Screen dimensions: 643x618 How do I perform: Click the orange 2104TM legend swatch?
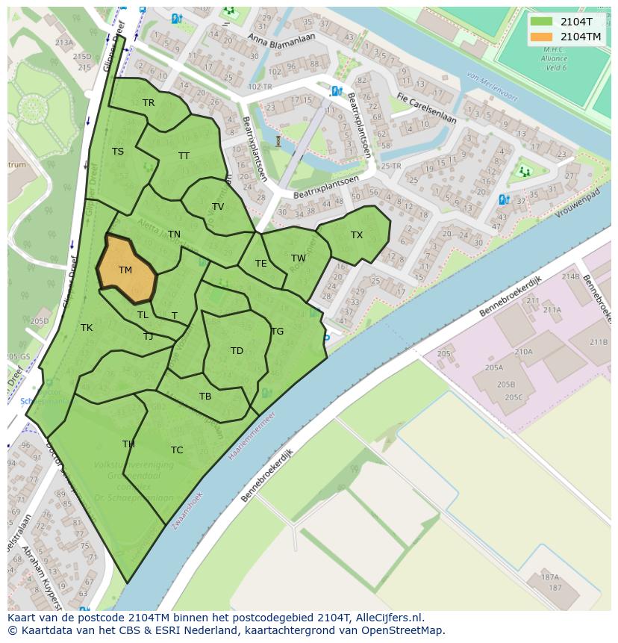(x=542, y=37)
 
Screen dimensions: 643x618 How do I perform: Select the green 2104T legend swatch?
(x=542, y=22)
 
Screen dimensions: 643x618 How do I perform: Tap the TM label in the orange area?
(x=125, y=270)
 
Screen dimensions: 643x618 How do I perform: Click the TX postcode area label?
(x=357, y=235)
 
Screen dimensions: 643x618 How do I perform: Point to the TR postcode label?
(x=149, y=103)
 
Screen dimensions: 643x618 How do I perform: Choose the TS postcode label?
(x=118, y=152)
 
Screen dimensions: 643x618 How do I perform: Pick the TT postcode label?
(x=184, y=156)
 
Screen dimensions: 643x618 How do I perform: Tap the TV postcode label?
(x=218, y=207)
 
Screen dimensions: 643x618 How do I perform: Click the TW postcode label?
(x=299, y=258)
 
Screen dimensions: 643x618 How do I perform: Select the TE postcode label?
(x=260, y=264)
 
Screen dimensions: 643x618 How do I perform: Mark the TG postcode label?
(x=278, y=332)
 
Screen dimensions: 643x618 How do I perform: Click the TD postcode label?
(x=237, y=351)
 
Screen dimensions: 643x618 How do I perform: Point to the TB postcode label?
(x=205, y=397)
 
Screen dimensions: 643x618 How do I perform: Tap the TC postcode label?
(x=177, y=450)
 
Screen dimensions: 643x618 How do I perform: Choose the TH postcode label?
(x=128, y=444)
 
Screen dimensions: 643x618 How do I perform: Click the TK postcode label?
(x=87, y=328)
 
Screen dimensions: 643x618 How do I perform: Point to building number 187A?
(x=550, y=577)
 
